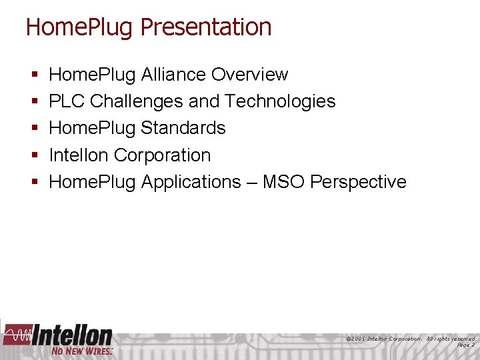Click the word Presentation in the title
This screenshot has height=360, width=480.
point(206,27)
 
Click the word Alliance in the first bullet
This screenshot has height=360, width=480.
point(174,75)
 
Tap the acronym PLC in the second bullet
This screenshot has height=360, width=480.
point(67,101)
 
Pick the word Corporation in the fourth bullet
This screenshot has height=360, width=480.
point(162,155)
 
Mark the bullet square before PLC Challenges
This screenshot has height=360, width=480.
point(33,102)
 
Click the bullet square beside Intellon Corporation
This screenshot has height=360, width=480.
point(33,155)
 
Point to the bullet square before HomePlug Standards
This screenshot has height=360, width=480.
point(33,129)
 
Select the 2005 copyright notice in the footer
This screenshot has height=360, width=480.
point(411,339)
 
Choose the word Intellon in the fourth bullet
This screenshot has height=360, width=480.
point(79,155)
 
